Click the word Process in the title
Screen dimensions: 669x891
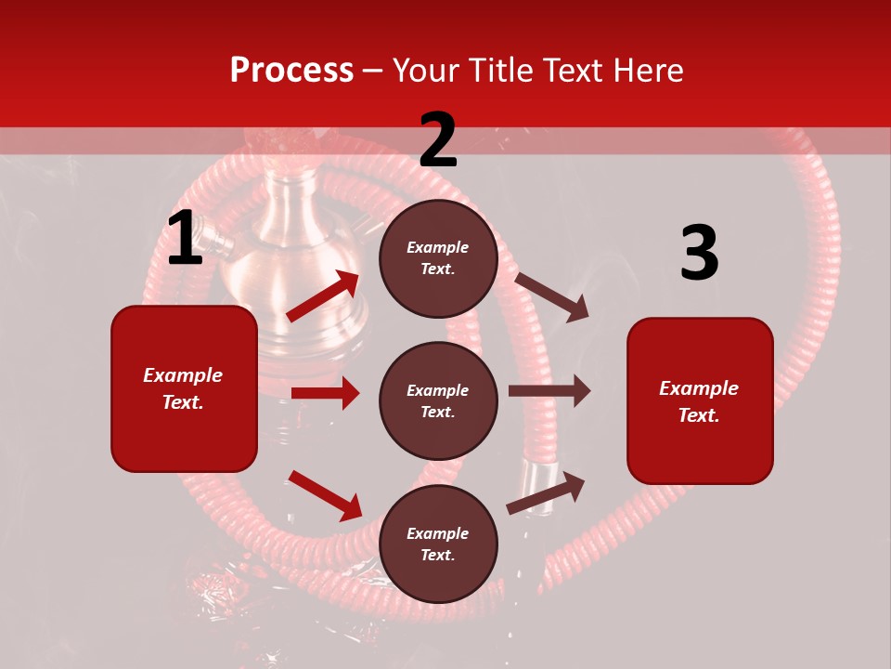click(291, 71)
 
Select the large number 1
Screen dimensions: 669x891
click(185, 239)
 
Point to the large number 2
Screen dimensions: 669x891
click(438, 140)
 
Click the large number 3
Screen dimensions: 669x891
click(699, 254)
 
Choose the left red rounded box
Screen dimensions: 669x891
click(184, 388)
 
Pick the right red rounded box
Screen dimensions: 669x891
click(700, 400)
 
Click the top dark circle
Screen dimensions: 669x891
click(438, 258)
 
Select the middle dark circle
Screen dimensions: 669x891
click(438, 400)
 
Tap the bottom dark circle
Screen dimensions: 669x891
click(438, 544)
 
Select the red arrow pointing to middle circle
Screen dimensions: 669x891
click(325, 393)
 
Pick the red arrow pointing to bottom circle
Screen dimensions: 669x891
click(325, 495)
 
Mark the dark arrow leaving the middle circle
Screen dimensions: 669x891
click(549, 391)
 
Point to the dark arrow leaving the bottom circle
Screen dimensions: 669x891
click(546, 492)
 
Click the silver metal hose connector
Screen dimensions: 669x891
click(536, 477)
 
